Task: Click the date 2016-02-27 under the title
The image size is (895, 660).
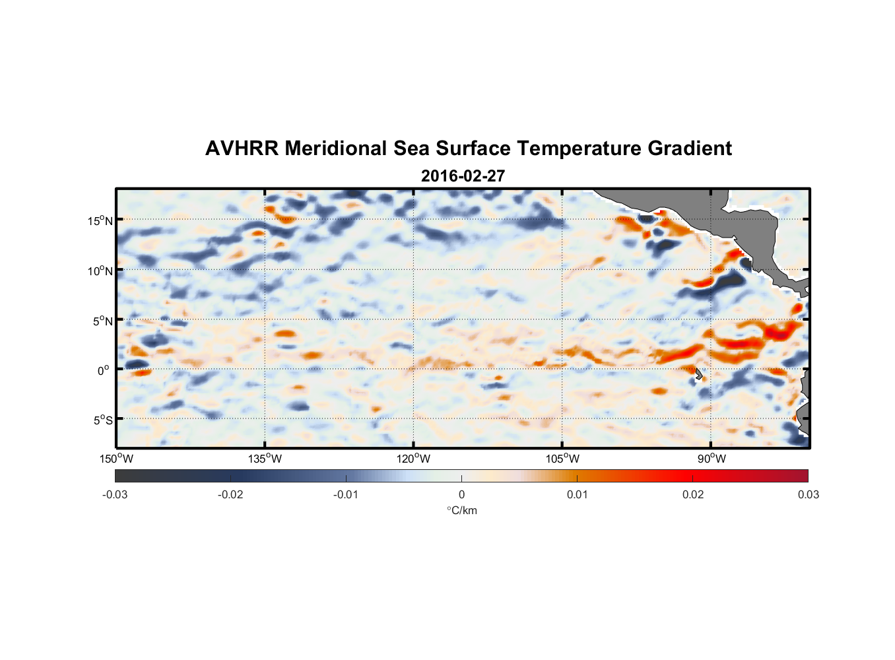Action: coord(463,176)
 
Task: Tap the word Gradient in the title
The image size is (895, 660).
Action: coord(689,148)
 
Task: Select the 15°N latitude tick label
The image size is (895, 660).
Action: coord(100,221)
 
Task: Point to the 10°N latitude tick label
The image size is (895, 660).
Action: coord(100,271)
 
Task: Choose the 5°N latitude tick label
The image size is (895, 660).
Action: coord(102,321)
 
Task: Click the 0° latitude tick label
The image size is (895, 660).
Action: coord(104,371)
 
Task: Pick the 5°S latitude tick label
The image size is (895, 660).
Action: coord(102,420)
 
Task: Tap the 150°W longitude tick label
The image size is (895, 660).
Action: coord(116,459)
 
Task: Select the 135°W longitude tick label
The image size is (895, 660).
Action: coord(265,459)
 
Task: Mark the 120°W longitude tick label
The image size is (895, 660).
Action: coord(413,459)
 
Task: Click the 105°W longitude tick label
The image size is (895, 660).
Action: coord(562,459)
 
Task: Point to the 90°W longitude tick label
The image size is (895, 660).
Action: coord(712,459)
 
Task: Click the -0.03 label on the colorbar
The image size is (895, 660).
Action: coord(115,495)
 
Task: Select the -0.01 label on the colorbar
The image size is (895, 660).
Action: coord(346,495)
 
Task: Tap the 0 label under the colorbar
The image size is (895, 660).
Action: coord(461,495)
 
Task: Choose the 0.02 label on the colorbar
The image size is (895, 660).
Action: coord(692,495)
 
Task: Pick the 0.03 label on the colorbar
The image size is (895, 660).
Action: coord(808,495)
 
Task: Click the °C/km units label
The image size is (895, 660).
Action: coord(461,510)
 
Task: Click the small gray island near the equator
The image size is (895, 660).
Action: coord(699,374)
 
